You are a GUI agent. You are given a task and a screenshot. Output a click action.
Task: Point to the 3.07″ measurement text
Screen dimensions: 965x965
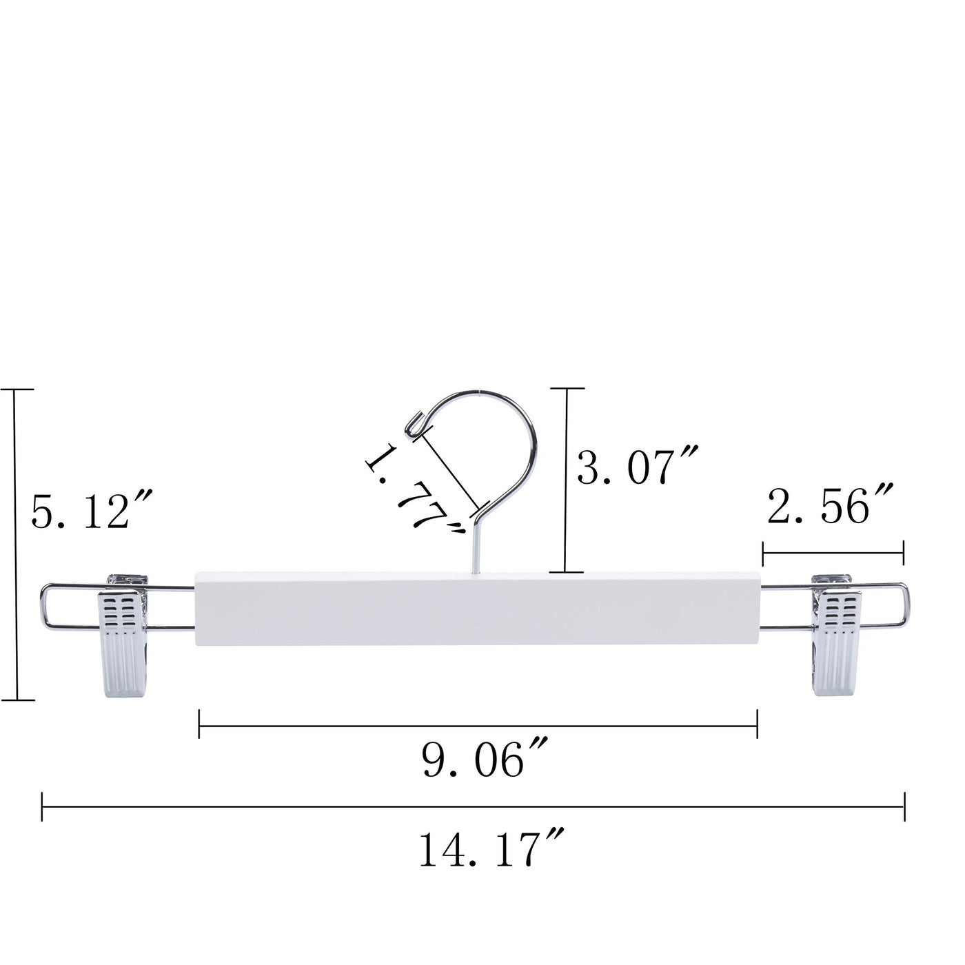pos(636,466)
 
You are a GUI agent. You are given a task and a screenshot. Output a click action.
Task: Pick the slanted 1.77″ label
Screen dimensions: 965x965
pos(415,490)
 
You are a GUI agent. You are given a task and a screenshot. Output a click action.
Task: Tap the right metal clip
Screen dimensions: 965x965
pos(835,635)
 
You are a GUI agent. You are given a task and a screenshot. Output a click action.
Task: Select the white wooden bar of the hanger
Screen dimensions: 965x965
pos(477,608)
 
